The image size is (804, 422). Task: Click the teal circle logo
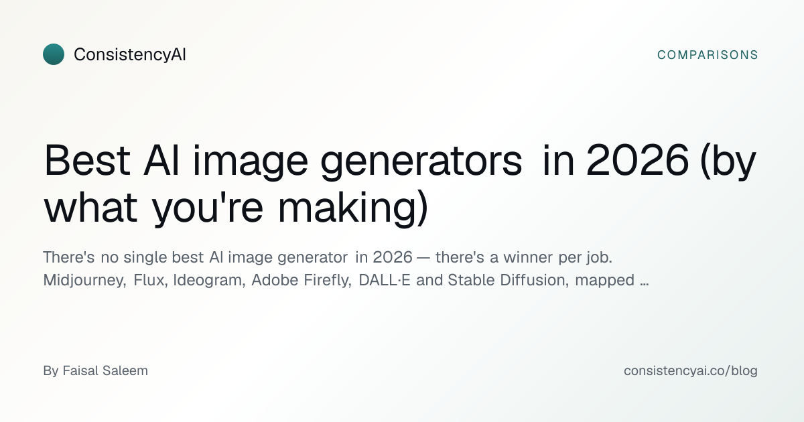54,54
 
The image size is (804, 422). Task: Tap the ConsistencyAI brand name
129,55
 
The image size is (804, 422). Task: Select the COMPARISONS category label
708,55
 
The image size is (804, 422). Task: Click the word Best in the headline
87,160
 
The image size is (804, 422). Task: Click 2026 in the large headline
637,160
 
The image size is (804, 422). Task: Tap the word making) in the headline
353,209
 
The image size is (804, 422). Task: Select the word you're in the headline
208,209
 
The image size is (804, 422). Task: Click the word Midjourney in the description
84,280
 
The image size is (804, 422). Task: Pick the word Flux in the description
150,280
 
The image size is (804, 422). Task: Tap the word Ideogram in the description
209,280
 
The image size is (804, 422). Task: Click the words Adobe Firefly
301,280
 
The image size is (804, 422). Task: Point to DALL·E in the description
385,280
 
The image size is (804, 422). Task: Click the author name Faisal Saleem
105,370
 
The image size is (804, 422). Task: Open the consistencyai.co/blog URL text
691,371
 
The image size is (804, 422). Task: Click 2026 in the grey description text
393,257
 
